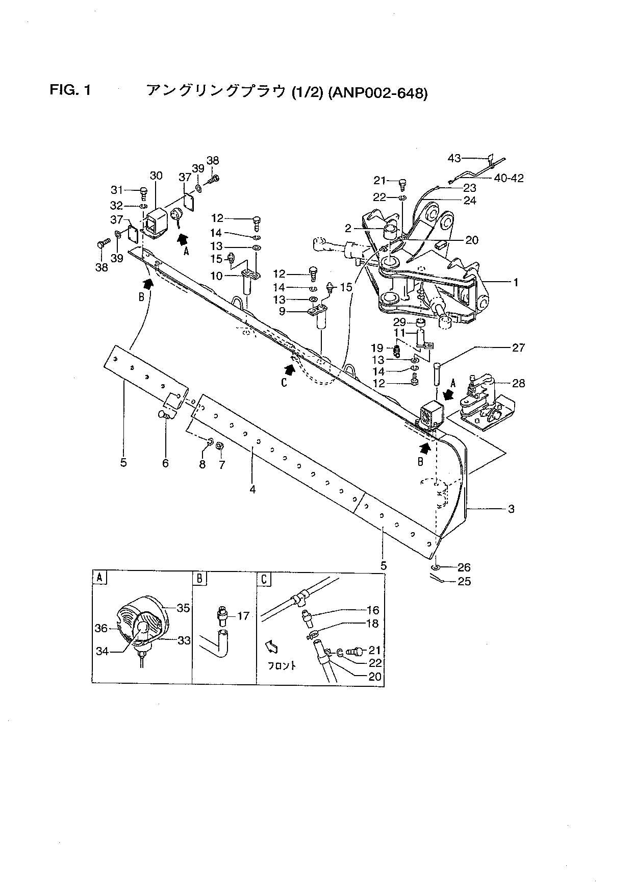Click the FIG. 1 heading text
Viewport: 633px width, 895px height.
tap(70, 91)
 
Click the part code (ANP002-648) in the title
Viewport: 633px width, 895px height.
tap(377, 93)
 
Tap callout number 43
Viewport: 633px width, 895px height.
tap(454, 159)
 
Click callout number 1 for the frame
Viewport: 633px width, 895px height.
tap(516, 282)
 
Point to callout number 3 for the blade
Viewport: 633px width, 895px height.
tap(511, 509)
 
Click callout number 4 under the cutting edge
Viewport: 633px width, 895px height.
tap(252, 489)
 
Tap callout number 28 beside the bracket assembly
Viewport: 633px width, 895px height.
tap(518, 383)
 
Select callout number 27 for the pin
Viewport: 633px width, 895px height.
tap(518, 347)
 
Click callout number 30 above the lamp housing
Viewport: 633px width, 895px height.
tap(156, 176)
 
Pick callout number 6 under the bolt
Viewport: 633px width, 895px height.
tap(165, 463)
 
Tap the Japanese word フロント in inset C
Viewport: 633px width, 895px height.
tap(282, 665)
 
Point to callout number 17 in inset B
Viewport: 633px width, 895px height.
tap(243, 616)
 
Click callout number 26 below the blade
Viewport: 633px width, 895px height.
tap(464, 567)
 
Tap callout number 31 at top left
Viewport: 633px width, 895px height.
tap(117, 190)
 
